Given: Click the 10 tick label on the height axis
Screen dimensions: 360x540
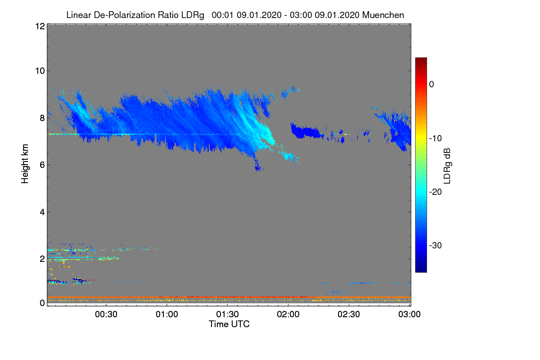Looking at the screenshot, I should coord(39,71).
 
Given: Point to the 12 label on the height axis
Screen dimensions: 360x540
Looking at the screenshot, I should coord(39,26).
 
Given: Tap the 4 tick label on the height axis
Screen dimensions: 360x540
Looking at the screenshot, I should coord(41,212).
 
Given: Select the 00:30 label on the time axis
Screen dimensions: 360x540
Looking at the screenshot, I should coord(106,315).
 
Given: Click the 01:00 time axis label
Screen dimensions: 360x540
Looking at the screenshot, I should coord(167,315).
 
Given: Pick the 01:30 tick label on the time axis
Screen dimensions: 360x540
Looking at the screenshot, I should coord(228,315).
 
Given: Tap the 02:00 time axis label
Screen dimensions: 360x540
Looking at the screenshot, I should coord(288,315).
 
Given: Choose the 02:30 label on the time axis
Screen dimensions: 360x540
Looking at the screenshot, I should coord(349,315).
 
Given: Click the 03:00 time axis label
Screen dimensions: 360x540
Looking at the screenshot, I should coord(409,315).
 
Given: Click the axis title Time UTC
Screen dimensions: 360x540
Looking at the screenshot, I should coord(229,324).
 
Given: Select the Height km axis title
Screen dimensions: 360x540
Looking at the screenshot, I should coord(25,164).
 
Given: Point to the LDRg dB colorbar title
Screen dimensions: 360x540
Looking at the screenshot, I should coord(447,165).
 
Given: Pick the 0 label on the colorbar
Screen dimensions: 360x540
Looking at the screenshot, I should coord(432,84).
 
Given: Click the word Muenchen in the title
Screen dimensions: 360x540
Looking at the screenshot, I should coord(383,15).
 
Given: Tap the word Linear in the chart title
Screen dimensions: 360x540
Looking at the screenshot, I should coord(78,15).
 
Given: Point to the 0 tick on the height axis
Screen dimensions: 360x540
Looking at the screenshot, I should coord(41,303).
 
